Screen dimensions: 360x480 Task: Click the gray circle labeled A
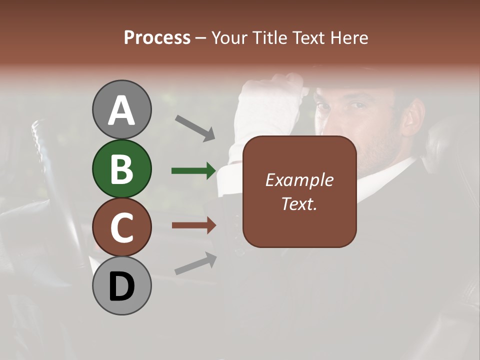tap(121, 109)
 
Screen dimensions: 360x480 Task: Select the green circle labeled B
tap(121, 168)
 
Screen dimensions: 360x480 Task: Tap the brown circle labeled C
tap(121, 227)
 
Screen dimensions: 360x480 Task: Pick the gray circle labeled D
tap(121, 285)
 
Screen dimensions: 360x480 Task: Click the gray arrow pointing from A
tap(195, 128)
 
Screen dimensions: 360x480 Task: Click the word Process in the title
tap(157, 37)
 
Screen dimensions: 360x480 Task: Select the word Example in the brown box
tap(299, 180)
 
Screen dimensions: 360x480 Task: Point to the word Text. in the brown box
tap(299, 203)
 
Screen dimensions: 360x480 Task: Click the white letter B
tap(121, 169)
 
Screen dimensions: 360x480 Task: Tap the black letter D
tap(121, 286)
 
